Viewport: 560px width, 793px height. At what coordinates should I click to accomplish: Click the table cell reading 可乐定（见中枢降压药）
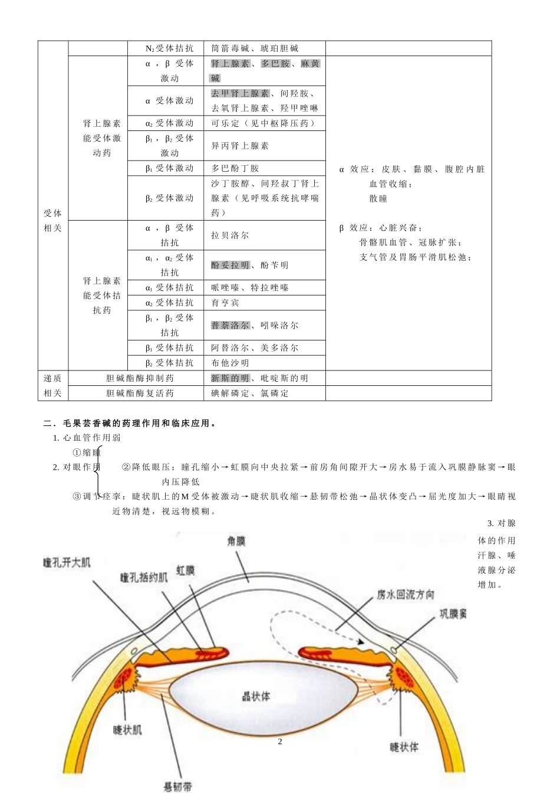pyautogui.click(x=263, y=123)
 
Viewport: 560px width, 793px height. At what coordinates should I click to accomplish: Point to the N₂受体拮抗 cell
pyautogui.click(x=169, y=48)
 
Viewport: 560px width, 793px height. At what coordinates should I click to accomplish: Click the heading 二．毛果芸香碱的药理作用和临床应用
pyautogui.click(x=130, y=423)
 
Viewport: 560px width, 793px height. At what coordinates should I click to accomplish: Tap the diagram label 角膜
pyautogui.click(x=236, y=541)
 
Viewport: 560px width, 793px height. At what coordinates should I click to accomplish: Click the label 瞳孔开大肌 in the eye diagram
pyautogui.click(x=67, y=563)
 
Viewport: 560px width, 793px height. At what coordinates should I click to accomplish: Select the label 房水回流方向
pyautogui.click(x=406, y=595)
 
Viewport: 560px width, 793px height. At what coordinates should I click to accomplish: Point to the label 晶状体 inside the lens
pyautogui.click(x=256, y=696)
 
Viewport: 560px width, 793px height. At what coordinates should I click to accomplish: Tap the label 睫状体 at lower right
pyautogui.click(x=404, y=747)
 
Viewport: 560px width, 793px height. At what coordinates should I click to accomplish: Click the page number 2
pyautogui.click(x=280, y=742)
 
